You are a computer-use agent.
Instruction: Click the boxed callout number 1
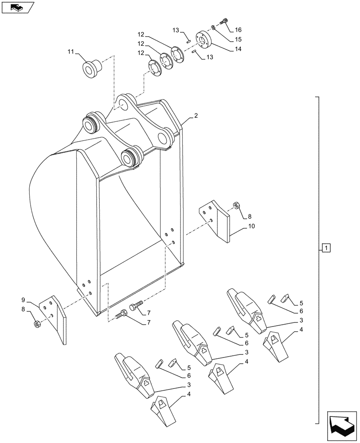[326, 248]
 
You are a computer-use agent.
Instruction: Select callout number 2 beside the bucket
[196, 116]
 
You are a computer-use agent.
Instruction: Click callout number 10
[251, 226]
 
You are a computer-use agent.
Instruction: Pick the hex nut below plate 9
[38, 324]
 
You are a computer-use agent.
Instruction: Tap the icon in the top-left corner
[17, 7]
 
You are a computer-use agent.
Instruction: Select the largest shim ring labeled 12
[180, 55]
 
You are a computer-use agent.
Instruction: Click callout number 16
[238, 30]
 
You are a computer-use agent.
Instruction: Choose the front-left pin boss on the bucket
[91, 124]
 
